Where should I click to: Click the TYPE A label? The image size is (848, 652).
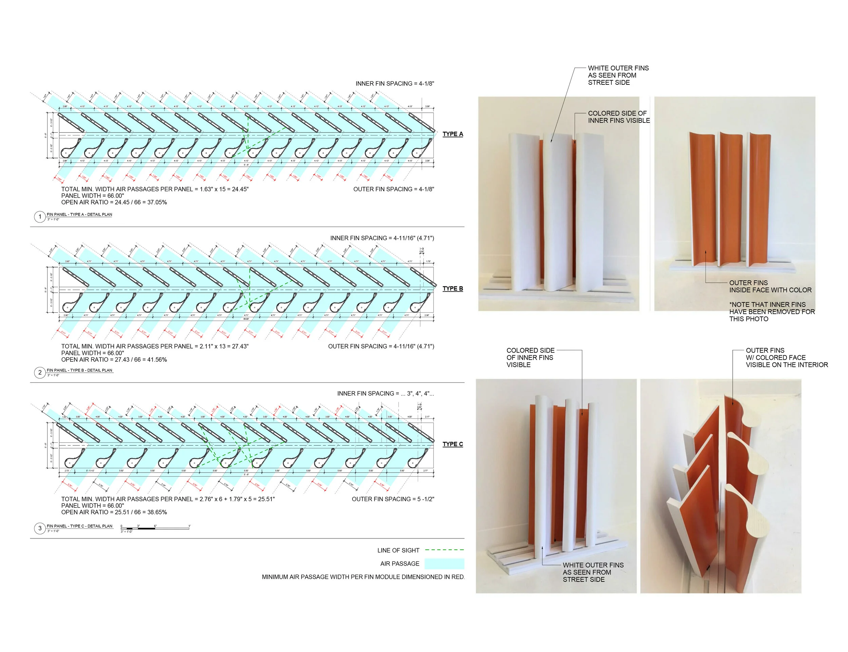[x=452, y=134]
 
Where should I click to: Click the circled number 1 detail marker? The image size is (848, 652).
[x=40, y=217]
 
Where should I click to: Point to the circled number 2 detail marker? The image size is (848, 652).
[x=40, y=373]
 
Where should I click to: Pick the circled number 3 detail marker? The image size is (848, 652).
[x=40, y=528]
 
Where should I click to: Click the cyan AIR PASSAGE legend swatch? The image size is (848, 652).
[x=444, y=564]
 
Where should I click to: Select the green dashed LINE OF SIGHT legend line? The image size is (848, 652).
[x=444, y=550]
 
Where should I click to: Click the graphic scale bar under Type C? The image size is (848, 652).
[x=155, y=528]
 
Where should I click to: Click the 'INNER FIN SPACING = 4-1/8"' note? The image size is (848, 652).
[x=394, y=83]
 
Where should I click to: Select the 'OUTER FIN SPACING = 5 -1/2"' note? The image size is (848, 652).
[x=392, y=499]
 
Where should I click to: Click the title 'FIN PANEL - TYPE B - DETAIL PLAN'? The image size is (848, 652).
[x=79, y=370]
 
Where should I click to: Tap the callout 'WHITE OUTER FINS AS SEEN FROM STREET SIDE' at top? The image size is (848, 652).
[x=618, y=75]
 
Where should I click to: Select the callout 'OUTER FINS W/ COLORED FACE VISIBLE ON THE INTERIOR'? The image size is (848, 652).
[x=786, y=357]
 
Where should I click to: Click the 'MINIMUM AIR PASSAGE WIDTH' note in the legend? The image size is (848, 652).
[x=363, y=577]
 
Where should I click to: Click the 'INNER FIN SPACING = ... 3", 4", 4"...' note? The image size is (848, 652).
[x=385, y=394]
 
